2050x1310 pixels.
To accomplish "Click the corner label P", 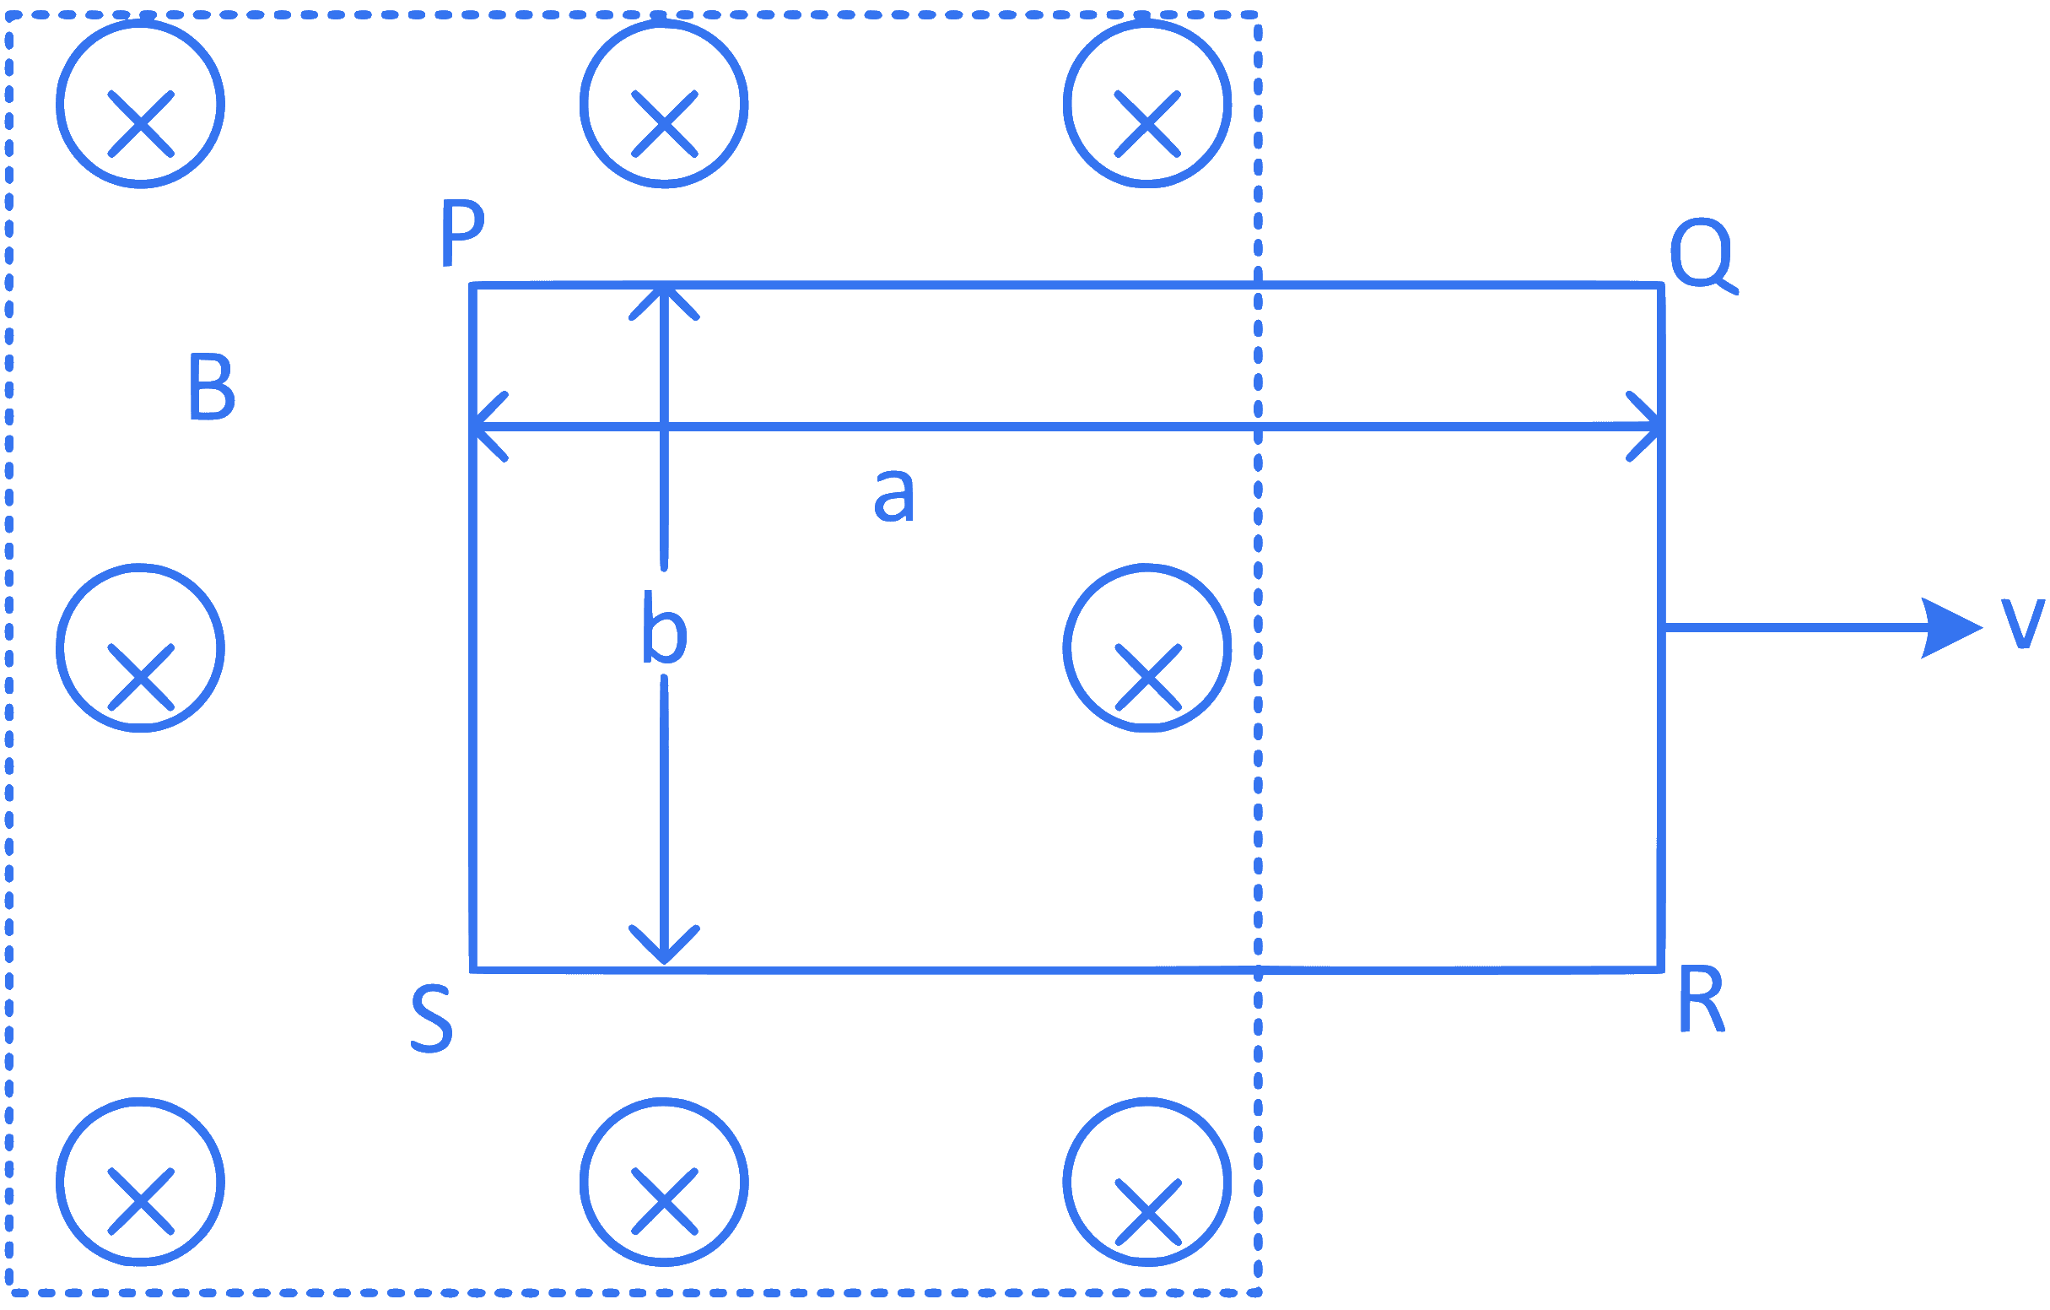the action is point(463,232).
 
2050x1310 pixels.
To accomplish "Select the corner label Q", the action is point(1703,256).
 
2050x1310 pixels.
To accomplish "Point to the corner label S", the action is point(432,1019).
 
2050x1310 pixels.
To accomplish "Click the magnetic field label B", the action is point(212,386).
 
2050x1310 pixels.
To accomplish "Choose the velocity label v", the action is point(2022,623).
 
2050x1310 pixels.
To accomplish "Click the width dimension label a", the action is point(894,495).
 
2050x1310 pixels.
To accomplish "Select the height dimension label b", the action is point(664,626).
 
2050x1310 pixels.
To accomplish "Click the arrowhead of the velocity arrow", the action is point(1952,628).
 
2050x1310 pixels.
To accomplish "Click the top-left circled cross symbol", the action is point(141,104).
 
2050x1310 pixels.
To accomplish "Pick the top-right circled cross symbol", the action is point(1147,104).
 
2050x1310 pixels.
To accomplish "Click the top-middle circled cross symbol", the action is point(664,104).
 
